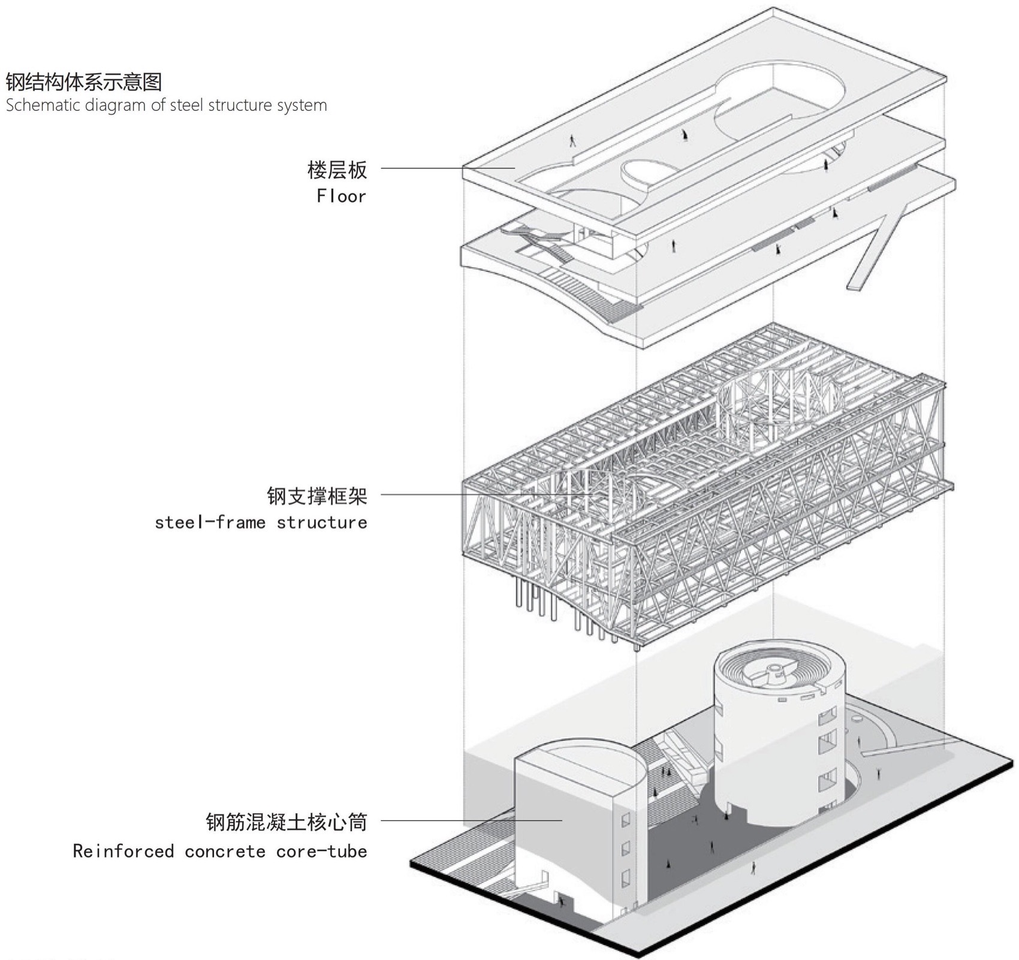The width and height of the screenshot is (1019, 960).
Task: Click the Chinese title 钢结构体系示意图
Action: click(x=84, y=81)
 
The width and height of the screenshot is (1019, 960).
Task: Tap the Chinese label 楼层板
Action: click(x=337, y=170)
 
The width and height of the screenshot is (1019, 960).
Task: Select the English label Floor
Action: click(x=341, y=196)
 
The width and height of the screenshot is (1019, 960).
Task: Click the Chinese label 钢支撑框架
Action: click(x=316, y=496)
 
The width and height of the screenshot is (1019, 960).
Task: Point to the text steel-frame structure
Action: click(x=261, y=523)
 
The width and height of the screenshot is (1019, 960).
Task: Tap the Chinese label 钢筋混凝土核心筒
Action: click(x=286, y=822)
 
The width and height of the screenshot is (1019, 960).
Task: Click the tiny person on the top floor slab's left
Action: click(x=572, y=141)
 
